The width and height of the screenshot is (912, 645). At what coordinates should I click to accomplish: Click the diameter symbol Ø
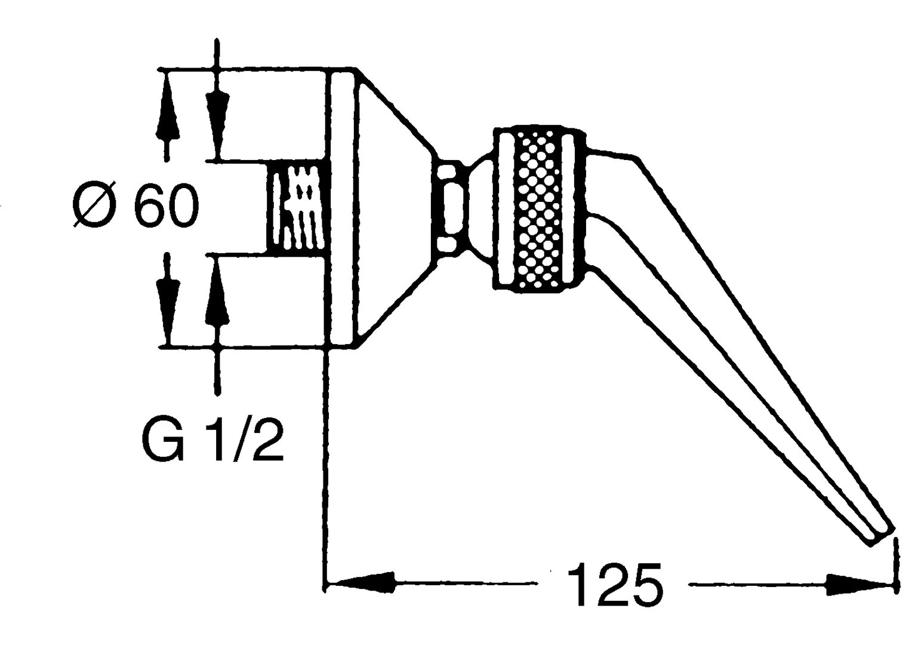coord(94,205)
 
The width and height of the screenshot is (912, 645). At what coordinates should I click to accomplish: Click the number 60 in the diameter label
coord(167,206)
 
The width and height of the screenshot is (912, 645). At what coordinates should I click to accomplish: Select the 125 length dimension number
coord(615,585)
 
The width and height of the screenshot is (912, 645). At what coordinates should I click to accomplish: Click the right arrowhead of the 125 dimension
coord(860,585)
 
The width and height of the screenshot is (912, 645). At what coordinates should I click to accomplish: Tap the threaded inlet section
coord(297,208)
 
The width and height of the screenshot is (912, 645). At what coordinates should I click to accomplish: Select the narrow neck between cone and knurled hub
coord(451,207)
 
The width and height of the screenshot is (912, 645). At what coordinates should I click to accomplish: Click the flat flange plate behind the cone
coord(344,208)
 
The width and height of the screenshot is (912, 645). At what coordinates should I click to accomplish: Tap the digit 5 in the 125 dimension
coord(645,585)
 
